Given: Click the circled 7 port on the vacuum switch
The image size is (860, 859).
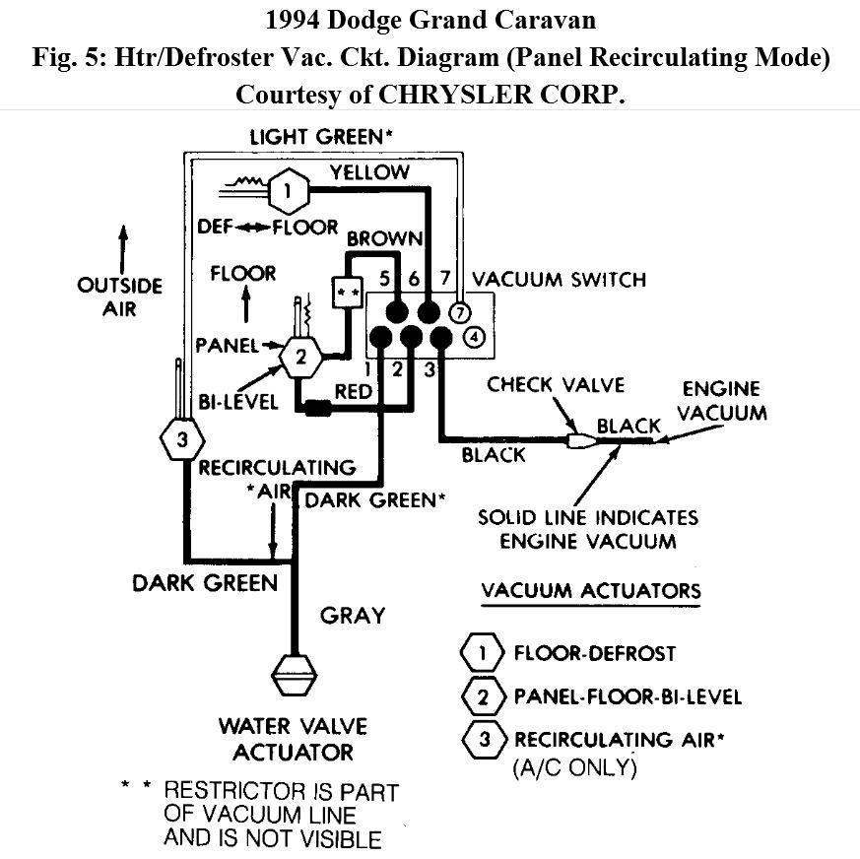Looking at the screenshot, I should click(459, 311).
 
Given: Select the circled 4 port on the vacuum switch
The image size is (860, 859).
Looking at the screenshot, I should click(474, 338).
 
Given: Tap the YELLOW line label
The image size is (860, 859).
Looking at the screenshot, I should click(369, 172).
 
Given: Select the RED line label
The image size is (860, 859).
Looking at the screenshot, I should click(353, 391).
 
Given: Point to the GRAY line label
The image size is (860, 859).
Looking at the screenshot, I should click(352, 616).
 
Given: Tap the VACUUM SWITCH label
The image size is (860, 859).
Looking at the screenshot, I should click(560, 279).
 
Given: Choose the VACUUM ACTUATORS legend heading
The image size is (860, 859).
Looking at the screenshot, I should click(591, 591).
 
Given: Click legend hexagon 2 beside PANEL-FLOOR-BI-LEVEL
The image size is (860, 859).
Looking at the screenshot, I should click(484, 696).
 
